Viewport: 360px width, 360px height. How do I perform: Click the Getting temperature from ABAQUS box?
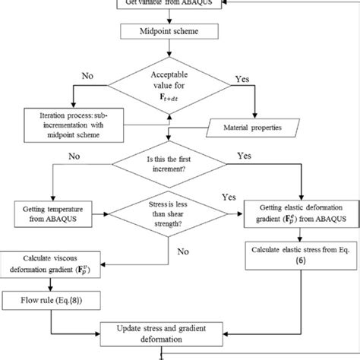(56, 210)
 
